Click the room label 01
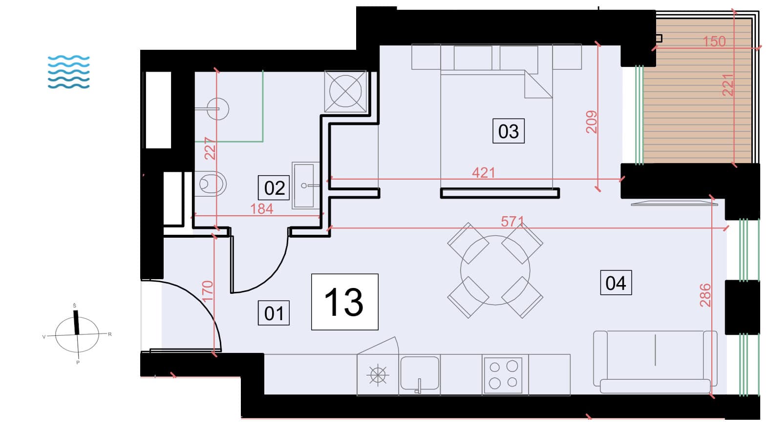pos(274,313)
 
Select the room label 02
pos(274,188)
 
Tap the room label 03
pos(509,131)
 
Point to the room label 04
pos(616,283)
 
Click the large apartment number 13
pos(344,302)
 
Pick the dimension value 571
pos(512,222)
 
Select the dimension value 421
pos(484,173)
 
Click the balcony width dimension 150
pos(714,42)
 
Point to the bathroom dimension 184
pos(261,209)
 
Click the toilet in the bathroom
pos(211,184)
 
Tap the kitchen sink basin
pos(420,373)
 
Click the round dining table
pos(495,270)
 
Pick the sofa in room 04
pos(655,362)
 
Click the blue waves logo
pos(69,72)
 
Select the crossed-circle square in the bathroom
pos(345,91)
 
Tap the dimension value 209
pos(591,122)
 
